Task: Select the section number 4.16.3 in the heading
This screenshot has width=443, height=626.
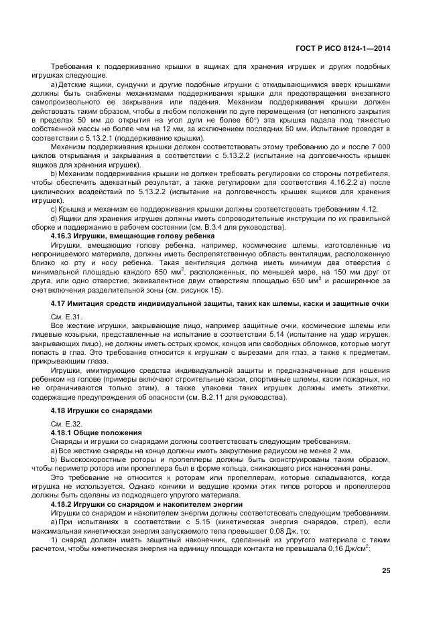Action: [x=63, y=236]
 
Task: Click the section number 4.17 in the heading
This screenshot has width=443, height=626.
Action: [x=59, y=304]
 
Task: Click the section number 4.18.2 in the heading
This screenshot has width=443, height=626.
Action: [x=63, y=502]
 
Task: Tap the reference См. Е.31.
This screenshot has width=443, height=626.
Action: [x=66, y=316]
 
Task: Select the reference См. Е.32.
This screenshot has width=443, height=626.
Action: [x=66, y=424]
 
